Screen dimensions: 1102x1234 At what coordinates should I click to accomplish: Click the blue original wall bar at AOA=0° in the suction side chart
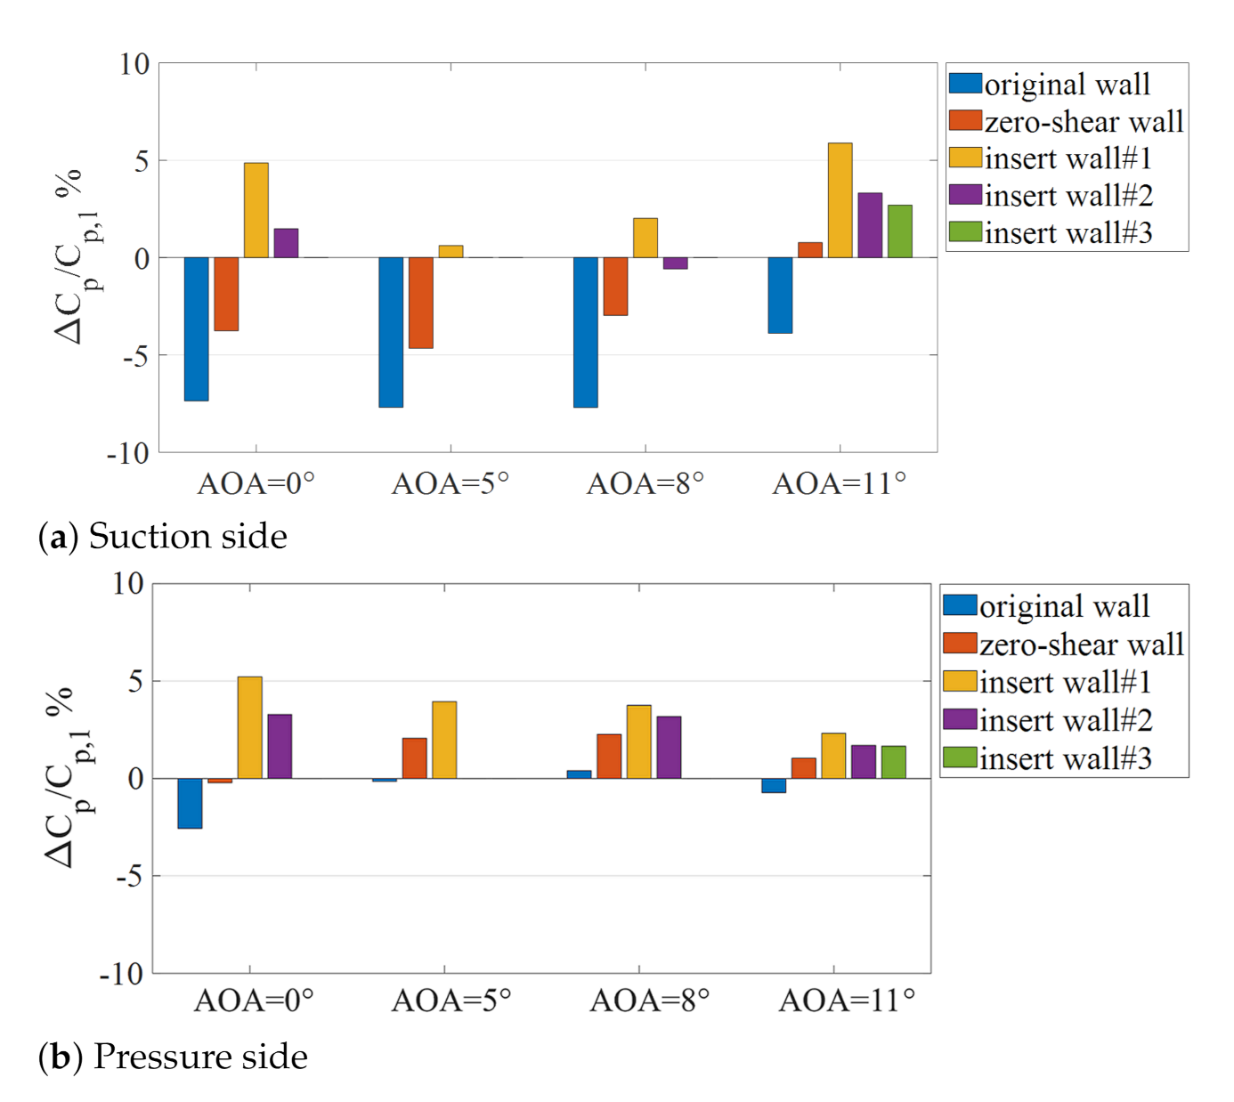196,328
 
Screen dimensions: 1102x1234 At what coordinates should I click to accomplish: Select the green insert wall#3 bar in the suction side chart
899,231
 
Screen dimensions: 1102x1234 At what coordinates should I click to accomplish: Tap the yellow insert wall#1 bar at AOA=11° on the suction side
840,200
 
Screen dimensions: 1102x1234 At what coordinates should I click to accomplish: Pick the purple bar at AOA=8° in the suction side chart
675,263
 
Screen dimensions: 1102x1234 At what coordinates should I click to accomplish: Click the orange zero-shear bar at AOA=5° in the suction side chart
420,303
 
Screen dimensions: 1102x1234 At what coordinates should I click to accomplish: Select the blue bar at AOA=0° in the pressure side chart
190,803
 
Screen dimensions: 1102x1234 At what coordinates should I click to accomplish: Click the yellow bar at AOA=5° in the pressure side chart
444,740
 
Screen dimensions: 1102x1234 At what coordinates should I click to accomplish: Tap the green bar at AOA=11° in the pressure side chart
893,762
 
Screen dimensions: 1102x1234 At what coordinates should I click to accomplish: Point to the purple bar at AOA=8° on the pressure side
669,747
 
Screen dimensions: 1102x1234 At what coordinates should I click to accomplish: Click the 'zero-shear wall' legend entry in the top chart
1067,121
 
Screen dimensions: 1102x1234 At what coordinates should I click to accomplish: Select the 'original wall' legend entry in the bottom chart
1047,606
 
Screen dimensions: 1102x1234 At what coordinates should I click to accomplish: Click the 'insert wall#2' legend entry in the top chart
1051,195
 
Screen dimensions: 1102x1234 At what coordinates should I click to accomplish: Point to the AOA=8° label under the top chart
645,483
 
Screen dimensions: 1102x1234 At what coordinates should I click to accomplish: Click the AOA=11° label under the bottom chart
847,1001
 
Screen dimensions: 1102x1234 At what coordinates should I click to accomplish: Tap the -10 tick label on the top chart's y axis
128,453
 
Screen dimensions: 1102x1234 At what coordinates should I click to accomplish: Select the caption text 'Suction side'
188,536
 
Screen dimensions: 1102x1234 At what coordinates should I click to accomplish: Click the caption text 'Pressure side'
200,1057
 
